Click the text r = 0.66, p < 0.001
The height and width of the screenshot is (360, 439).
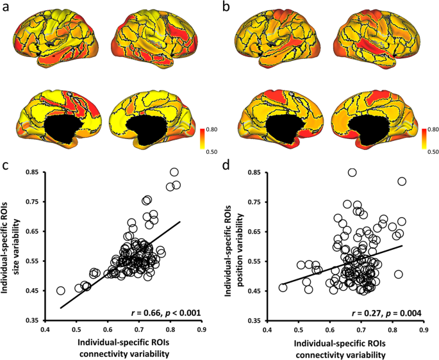(x=164, y=313)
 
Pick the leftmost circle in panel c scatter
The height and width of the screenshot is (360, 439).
(x=61, y=290)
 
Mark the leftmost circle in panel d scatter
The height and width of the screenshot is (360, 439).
(x=283, y=288)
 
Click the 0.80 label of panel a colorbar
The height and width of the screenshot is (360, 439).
(x=211, y=129)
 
